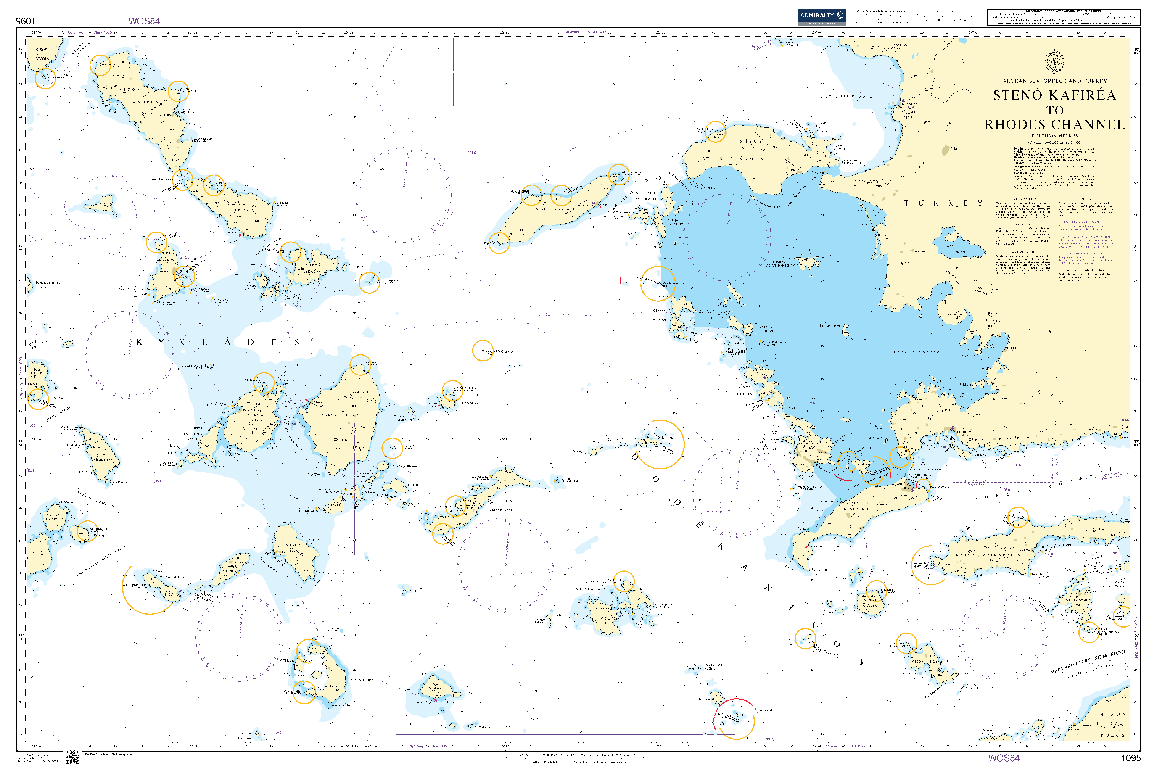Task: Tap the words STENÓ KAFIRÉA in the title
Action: coord(1054,95)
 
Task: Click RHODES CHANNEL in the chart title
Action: coord(1054,125)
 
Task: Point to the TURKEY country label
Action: coord(943,203)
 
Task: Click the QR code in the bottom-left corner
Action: coord(72,756)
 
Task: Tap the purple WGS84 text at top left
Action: coord(144,21)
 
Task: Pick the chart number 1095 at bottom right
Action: coord(1131,758)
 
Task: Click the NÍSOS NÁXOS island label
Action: coord(340,415)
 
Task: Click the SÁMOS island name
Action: coord(751,159)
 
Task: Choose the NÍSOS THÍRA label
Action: coord(362,680)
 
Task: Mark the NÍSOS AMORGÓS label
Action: coord(500,506)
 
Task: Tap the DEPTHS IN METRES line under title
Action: coord(1054,136)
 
